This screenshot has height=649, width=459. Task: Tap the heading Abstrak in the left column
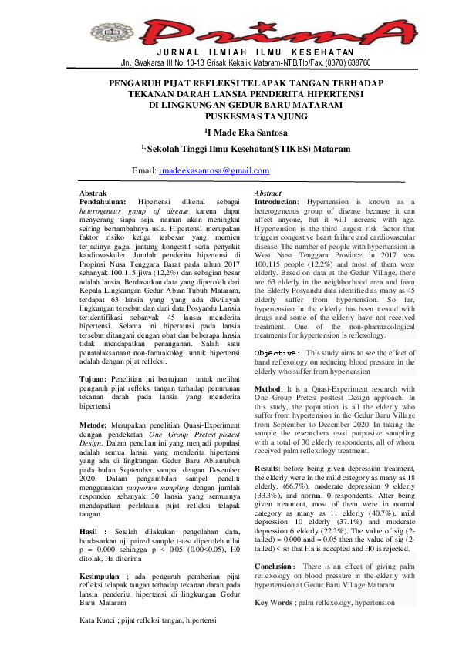pyautogui.click(x=94, y=193)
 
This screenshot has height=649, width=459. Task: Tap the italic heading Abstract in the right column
pyautogui.click(x=268, y=193)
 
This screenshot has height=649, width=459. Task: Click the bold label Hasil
pyautogui.click(x=92, y=531)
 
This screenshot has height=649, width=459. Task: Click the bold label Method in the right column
pyautogui.click(x=267, y=389)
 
